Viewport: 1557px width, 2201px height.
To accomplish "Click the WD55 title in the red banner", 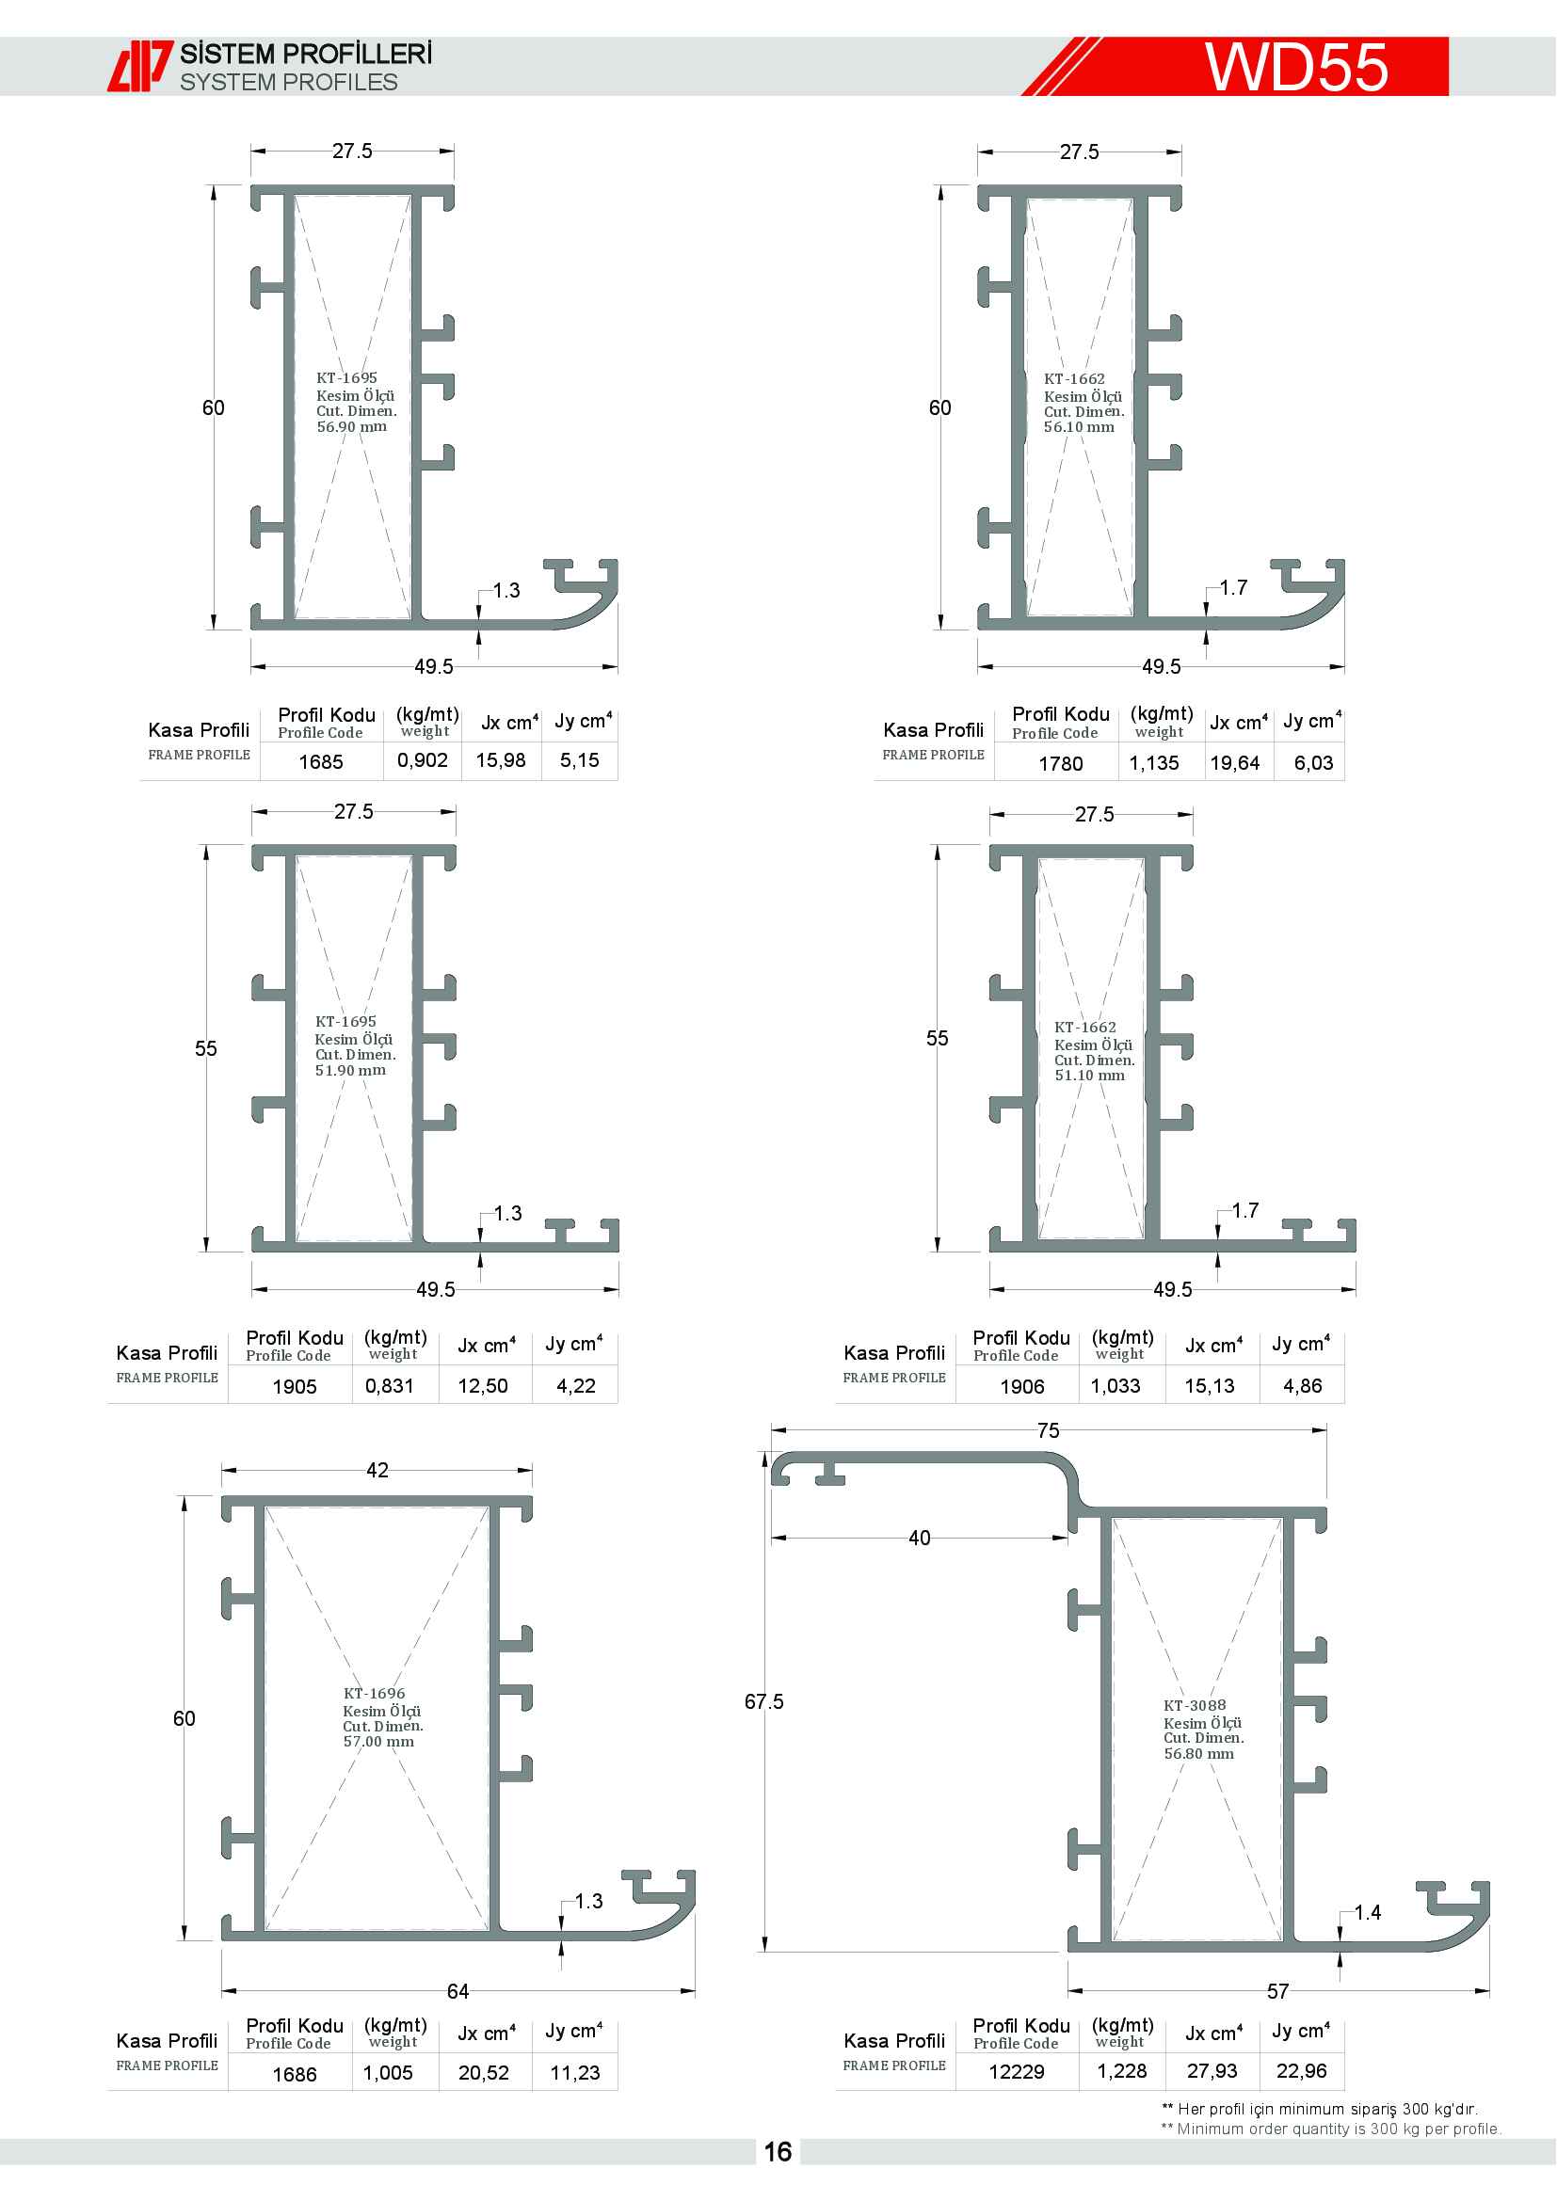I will pos(1296,67).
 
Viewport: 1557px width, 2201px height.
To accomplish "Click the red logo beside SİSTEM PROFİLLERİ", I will pos(140,66).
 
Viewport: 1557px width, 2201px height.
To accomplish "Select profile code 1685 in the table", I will pos(320,762).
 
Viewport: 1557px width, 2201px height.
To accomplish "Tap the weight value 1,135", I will pos(1153,763).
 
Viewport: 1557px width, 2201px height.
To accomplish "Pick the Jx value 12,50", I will pos(482,1386).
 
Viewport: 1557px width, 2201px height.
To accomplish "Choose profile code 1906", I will pos(1022,1387).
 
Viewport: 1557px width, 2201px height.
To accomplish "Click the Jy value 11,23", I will pos(574,2074).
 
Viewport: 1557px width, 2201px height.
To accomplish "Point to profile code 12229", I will pos(1017,2072).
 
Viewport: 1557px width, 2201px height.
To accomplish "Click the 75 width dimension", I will pos(1048,1431).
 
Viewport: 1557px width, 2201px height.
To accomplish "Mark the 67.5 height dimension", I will pos(763,1701).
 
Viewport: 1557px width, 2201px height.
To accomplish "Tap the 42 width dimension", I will pos(377,1471).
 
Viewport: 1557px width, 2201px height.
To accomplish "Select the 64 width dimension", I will pos(457,1992).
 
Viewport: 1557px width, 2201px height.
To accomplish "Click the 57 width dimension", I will pos(1277,1992).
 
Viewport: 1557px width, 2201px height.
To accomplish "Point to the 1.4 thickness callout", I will pos(1367,1912).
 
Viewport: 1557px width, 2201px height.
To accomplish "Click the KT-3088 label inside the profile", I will pos(1195,1705).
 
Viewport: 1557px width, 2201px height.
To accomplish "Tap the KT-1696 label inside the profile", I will pos(374,1694).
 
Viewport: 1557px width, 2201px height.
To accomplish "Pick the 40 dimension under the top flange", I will pos(919,1539).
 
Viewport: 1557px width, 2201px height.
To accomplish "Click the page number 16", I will pos(778,2152).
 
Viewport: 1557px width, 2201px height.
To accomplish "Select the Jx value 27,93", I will pos(1212,2071).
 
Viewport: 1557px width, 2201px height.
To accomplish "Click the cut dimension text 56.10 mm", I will pos(1079,427).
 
